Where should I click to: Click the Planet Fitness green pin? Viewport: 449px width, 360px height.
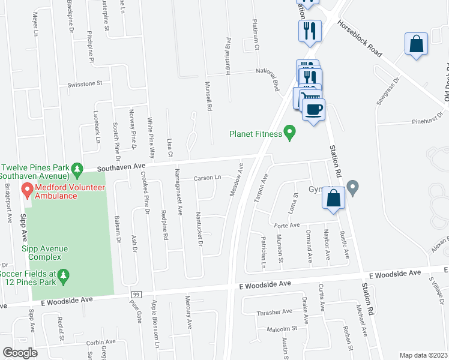tap(291, 133)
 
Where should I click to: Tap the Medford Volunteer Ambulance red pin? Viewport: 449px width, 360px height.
tap(27, 191)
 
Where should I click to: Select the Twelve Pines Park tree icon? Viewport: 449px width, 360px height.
tap(77, 170)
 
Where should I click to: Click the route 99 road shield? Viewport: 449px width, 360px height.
tap(137, 295)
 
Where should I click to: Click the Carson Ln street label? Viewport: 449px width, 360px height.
tap(208, 178)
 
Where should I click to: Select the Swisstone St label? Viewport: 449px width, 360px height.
tap(86, 85)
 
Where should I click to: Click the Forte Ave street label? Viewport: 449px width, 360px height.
tap(286, 225)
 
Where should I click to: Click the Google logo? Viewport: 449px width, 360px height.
tap(20, 353)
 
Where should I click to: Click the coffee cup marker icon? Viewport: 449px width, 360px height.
tap(312, 109)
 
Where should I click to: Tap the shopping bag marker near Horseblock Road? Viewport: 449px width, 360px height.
tap(416, 44)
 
